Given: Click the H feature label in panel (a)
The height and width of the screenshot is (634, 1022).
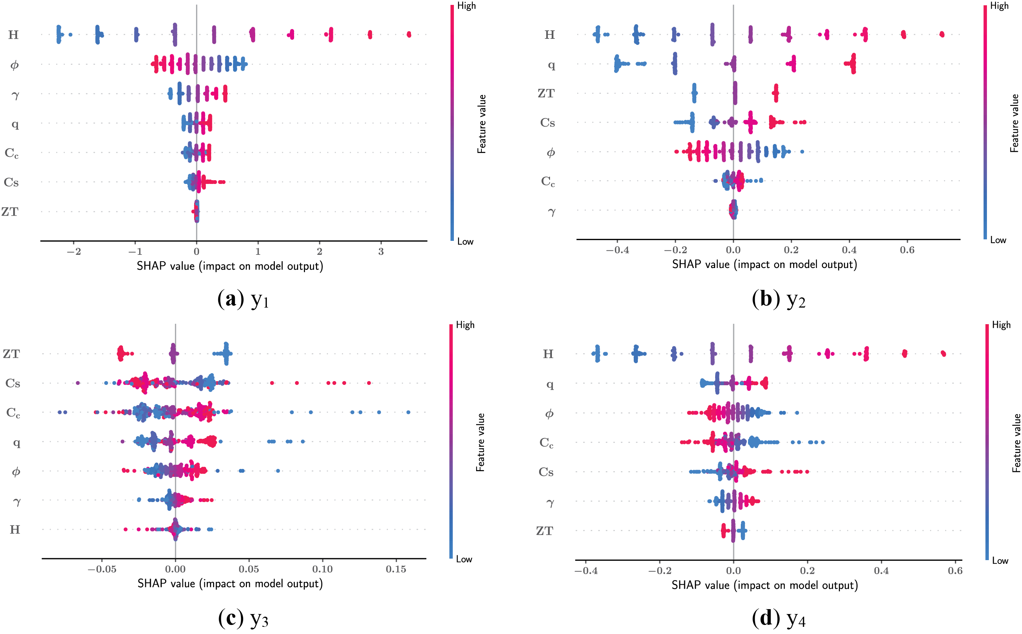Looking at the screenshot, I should click(14, 34).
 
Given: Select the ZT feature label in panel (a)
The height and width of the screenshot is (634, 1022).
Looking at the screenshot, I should click(10, 212).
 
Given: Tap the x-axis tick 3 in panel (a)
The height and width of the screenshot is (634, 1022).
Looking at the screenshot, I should click(381, 251).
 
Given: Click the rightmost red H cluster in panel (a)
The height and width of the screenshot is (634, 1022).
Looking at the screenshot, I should click(409, 34).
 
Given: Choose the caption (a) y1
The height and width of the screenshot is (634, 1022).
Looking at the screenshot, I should click(243, 299).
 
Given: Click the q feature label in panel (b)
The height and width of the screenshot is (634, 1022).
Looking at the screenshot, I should click(551, 64).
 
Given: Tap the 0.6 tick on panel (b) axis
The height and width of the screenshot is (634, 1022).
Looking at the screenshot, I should click(907, 250).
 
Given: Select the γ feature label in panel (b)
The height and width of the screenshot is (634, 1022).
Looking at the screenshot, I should click(552, 211).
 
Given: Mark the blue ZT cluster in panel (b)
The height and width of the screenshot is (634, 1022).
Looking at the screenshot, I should click(694, 93).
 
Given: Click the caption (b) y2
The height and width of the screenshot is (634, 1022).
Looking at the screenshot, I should click(778, 299).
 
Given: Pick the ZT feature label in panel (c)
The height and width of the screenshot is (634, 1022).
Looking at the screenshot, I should click(11, 354).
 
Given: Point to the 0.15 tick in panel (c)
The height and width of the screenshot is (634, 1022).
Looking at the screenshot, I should click(396, 569).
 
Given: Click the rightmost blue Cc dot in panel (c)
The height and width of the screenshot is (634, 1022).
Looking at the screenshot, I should click(408, 412).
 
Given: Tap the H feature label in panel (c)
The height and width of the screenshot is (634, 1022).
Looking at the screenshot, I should click(15, 530).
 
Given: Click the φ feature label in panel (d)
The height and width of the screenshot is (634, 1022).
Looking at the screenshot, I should click(549, 414).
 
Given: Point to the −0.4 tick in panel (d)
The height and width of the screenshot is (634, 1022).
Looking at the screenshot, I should click(585, 571).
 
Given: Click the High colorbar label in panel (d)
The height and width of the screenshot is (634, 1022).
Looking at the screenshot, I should click(1001, 325).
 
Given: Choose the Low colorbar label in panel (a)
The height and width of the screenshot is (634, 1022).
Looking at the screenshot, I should click(465, 242).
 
